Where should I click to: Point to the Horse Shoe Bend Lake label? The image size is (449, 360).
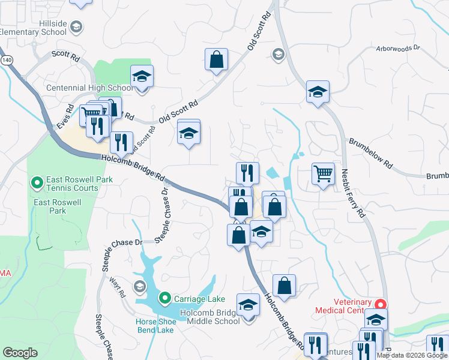click(155, 326)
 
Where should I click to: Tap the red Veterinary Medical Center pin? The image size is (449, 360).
click(379, 304)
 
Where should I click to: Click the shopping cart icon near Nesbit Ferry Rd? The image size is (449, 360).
click(323, 174)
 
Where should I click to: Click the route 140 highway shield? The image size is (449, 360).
click(7, 61)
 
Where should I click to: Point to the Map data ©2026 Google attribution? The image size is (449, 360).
click(411, 355)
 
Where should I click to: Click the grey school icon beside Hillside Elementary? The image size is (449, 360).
click(76, 26)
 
